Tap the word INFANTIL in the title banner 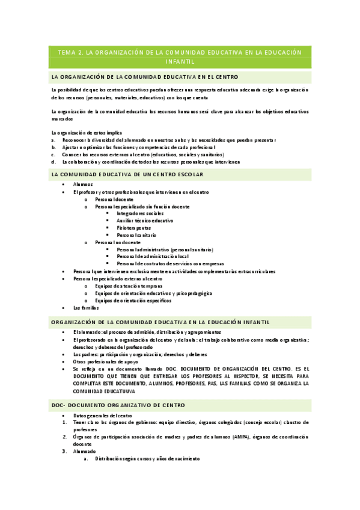point(180,61)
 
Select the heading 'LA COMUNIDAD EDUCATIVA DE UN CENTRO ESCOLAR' point(127,174)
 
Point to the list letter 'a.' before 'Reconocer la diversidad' point(53,140)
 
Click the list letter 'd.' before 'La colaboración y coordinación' point(53,162)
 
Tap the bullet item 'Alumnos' point(83,185)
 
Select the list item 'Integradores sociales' point(140,214)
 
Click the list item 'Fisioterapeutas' point(134,228)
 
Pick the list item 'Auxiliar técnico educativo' point(145,221)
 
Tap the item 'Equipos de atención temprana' point(129,286)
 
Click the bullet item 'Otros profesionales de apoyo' point(105,362)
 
